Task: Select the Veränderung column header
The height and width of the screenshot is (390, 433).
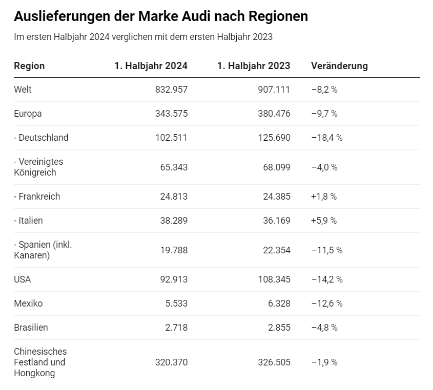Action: pos(339,66)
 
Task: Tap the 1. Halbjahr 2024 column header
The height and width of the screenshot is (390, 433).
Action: pos(151,66)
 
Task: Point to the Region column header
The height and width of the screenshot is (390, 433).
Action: pos(29,66)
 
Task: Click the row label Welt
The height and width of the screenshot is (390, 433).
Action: pos(23,90)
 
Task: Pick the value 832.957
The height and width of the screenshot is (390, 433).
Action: pos(171,90)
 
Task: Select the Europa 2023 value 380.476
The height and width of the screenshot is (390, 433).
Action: pos(274,114)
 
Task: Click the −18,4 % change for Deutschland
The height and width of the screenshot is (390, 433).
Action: pos(326,138)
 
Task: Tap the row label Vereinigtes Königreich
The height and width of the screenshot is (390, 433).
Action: pos(38,167)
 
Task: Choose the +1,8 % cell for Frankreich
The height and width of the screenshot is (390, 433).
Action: pos(324,197)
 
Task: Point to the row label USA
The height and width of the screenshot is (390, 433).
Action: pos(23,279)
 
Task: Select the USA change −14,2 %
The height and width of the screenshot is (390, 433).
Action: pos(326,279)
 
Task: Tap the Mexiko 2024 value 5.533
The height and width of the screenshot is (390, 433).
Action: pos(176,304)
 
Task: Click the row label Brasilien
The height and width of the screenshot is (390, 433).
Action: pos(31,328)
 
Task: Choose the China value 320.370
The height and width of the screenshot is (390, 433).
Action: pos(171,362)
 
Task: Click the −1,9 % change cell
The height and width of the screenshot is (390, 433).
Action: pos(324,362)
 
